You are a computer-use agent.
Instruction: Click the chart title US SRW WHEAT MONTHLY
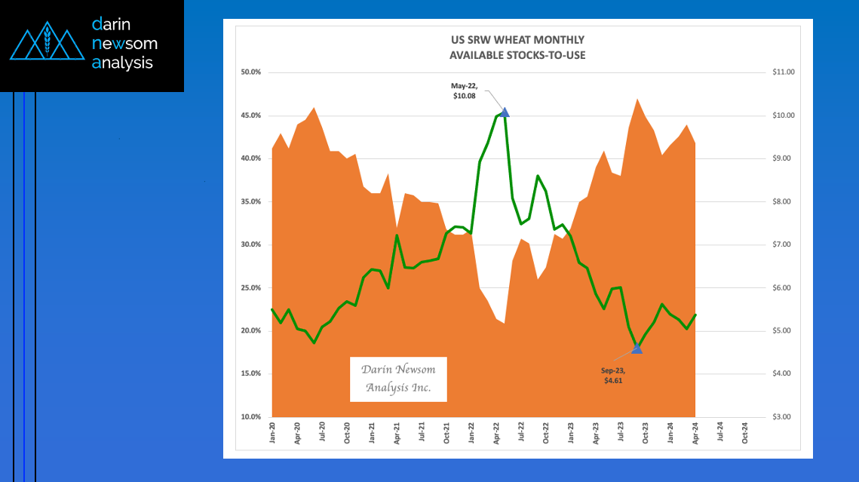[517, 40]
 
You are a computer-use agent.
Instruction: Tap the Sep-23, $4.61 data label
[612, 376]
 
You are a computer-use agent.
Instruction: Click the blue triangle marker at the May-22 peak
[505, 112]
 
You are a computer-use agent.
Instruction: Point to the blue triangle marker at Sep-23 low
[637, 348]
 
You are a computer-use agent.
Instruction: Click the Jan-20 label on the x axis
[272, 431]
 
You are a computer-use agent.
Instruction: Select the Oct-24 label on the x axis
[745, 431]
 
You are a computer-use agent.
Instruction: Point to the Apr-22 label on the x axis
[496, 431]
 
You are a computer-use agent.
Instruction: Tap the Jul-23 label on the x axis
[621, 431]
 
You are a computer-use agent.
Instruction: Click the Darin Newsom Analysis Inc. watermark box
[398, 379]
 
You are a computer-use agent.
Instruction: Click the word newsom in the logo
[124, 44]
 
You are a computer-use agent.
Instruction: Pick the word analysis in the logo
[122, 63]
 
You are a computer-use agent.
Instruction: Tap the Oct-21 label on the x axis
[446, 431]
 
